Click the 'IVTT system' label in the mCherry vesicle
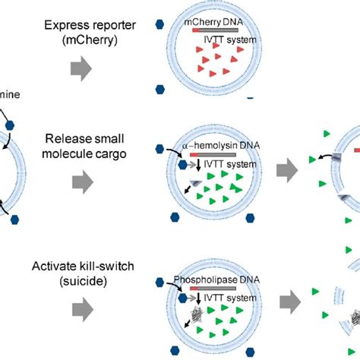pyautogui.click(x=232, y=39)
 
